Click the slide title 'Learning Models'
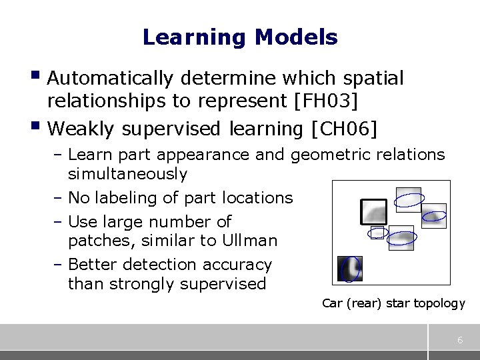[240, 37]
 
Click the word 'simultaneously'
[127, 174]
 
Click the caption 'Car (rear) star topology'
[393, 303]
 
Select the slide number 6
[460, 341]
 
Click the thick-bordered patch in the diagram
[373, 212]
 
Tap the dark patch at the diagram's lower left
[349, 269]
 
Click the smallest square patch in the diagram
[378, 233]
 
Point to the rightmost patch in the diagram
[434, 215]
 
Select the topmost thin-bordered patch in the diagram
[408, 199]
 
